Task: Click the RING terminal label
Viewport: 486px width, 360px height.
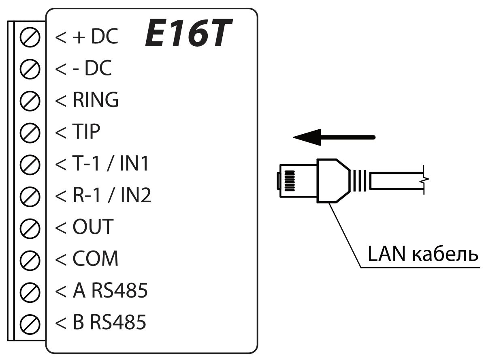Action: [96, 101]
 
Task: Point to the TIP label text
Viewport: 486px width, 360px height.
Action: [86, 133]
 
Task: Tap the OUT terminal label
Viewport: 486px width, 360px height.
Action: [92, 228]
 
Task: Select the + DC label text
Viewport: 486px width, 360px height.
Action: [95, 37]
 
